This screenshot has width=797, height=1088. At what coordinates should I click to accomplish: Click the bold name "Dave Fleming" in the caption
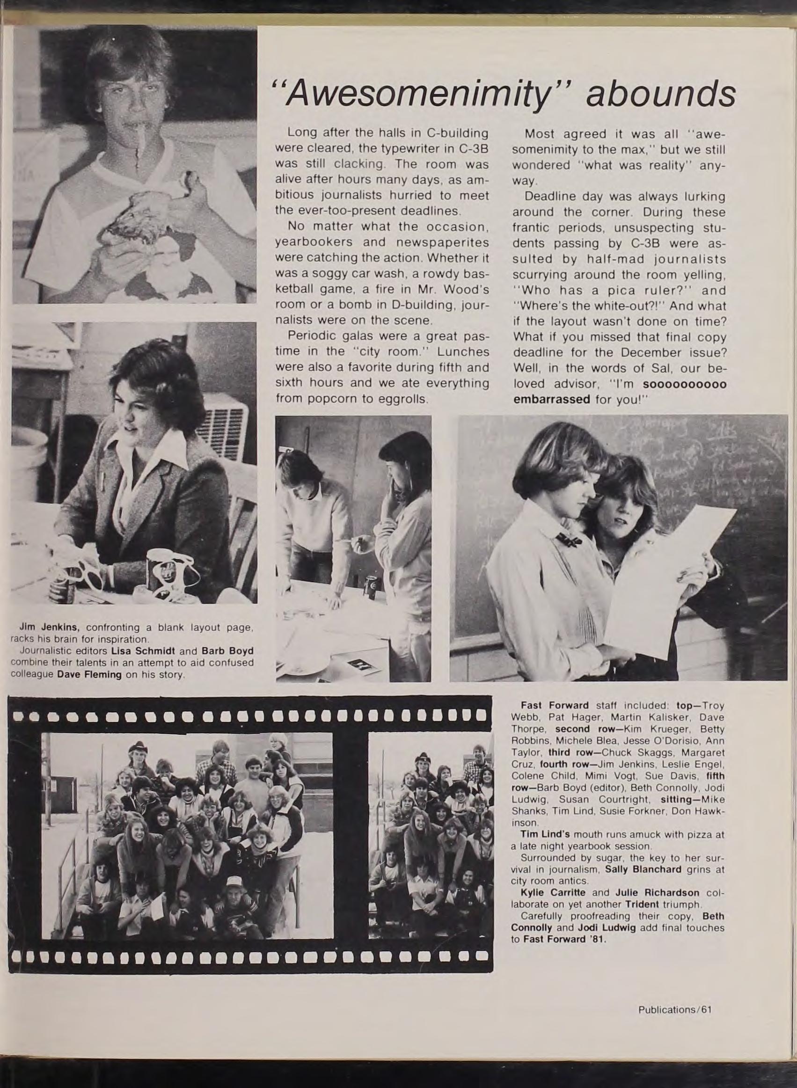(x=89, y=674)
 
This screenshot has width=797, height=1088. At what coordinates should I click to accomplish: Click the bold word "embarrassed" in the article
(x=552, y=399)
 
